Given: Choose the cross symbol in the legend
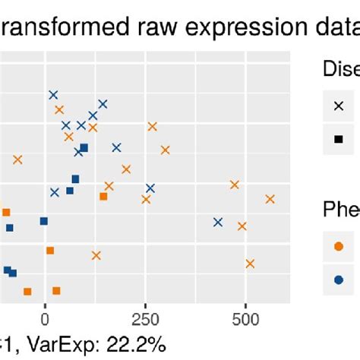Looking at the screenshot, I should pyautogui.click(x=339, y=106).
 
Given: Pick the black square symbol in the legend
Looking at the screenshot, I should pyautogui.click(x=339, y=139).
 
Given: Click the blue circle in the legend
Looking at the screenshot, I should pyautogui.click(x=339, y=277).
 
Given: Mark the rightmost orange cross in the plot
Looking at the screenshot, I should pyautogui.click(x=270, y=199).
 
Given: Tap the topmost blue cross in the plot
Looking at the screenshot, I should pyautogui.click(x=53, y=95).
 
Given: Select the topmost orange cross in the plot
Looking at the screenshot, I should pyautogui.click(x=59, y=110).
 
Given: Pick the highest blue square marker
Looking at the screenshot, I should pyautogui.click(x=84, y=148).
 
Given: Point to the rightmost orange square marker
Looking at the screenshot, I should pyautogui.click(x=103, y=197).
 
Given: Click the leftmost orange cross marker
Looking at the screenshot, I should pyautogui.click(x=17, y=159).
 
